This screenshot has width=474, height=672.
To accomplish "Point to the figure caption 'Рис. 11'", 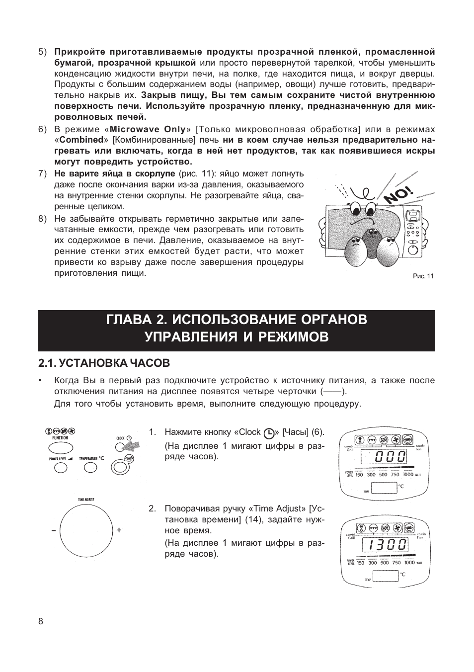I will (423, 276).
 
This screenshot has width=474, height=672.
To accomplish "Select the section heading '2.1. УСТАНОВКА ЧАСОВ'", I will (104, 363).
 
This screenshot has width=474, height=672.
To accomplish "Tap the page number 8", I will (41, 622).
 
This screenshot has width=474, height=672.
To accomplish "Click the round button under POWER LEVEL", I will (60, 468).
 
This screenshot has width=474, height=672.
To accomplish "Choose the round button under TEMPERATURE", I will (90, 468).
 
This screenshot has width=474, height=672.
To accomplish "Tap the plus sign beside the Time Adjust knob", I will (119, 530).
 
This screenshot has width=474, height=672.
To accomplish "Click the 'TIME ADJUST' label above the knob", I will (86, 499).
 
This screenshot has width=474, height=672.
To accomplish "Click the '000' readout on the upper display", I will (391, 457).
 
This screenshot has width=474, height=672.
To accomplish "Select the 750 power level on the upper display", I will (395, 475).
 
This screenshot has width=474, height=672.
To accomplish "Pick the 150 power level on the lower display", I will (361, 563).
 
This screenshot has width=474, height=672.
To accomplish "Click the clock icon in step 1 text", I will (269, 433).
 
